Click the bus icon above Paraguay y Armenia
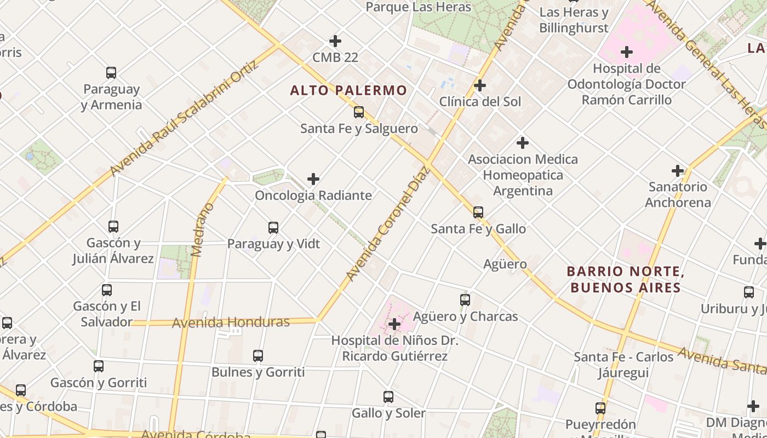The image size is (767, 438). point(111,72)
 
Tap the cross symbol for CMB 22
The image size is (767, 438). point(335,41)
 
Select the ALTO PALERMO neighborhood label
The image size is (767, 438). point(348,90)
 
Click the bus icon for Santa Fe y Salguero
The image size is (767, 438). point(359,112)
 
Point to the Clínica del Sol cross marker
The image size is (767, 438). point(480,85)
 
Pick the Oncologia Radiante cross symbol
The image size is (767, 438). point(313,179)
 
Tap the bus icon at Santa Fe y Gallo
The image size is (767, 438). point(478,212)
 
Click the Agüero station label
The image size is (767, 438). point(505,264)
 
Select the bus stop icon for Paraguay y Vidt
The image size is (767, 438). point(273,228)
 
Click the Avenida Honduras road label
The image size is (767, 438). point(231,322)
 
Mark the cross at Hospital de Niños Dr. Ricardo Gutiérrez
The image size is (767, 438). point(394,324)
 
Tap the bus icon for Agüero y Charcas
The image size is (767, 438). point(465,300)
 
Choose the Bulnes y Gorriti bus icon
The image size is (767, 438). point(258,356)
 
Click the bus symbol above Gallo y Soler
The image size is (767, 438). point(388,397)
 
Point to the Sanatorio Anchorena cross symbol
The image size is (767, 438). point(678,171)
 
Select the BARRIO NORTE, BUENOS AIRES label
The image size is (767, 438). point(625,279)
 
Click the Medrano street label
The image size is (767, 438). point(203,230)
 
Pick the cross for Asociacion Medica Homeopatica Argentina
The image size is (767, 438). point(523,143)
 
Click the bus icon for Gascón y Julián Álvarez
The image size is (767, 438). point(113,226)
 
